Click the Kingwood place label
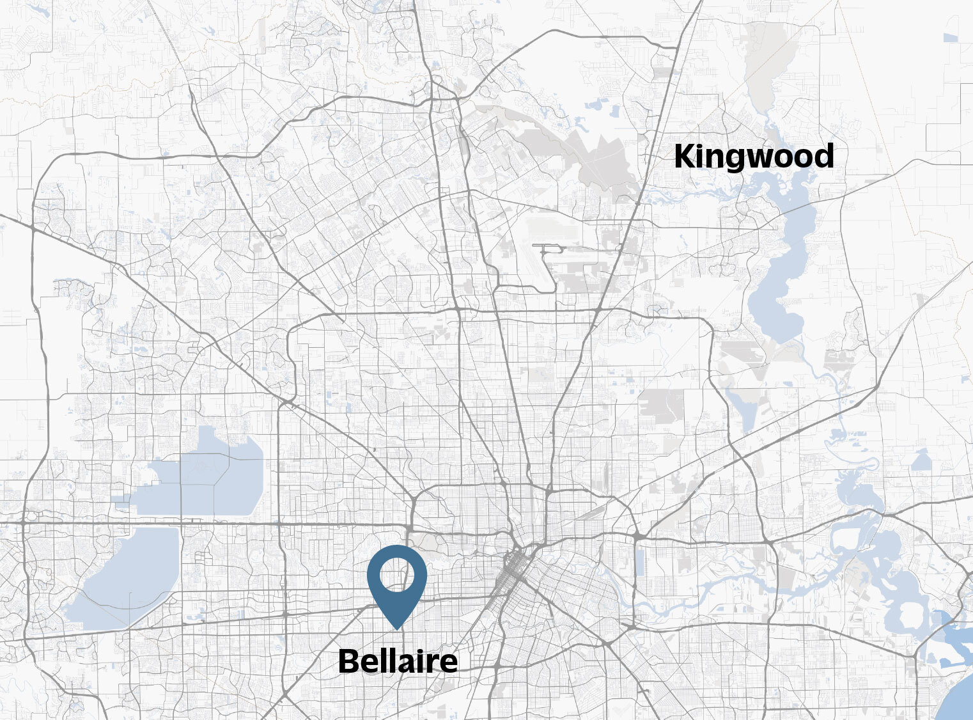pos(754,157)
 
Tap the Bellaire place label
pos(397,661)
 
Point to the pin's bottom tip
pos(397,629)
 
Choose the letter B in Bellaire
pos(348,661)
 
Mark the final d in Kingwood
pos(823,157)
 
